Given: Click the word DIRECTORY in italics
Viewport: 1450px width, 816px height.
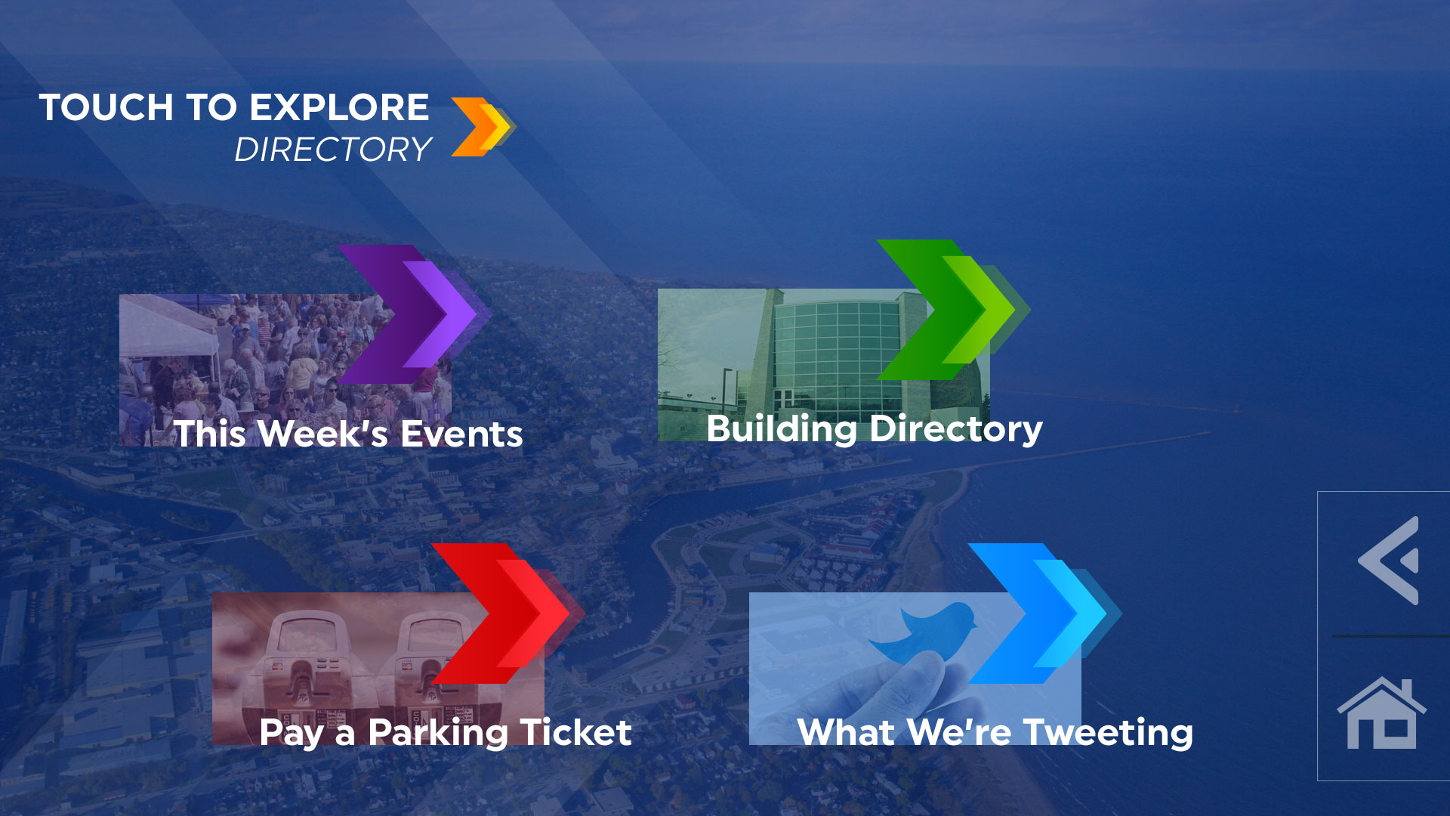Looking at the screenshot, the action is tap(333, 150).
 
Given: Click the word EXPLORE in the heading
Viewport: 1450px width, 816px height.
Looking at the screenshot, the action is tap(339, 107).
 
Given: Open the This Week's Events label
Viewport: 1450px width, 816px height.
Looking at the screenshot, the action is tap(348, 434).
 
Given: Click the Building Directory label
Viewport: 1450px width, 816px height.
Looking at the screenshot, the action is tap(875, 429).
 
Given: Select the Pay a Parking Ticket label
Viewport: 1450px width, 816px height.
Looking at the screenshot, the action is tap(446, 733).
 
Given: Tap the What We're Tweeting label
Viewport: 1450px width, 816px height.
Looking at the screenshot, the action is tap(995, 733).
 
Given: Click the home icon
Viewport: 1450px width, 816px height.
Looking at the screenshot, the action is tap(1381, 713).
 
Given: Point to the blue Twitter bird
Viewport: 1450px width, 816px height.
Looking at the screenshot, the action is tap(923, 632).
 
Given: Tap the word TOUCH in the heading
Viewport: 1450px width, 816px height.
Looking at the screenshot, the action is tap(106, 107).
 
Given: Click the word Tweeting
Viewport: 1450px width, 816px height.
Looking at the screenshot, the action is tap(1108, 733).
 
